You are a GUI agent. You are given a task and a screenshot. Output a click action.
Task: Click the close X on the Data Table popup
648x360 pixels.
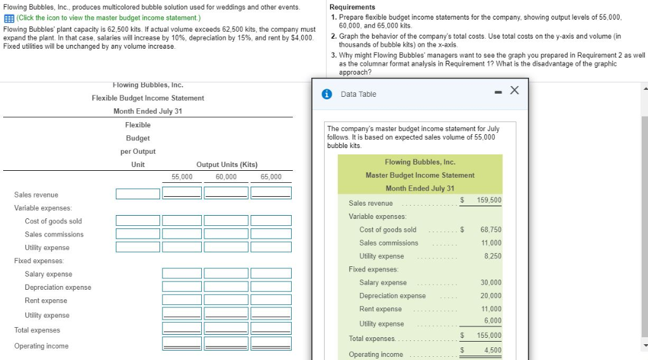[514, 91]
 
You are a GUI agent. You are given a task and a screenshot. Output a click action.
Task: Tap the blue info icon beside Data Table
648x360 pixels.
[327, 94]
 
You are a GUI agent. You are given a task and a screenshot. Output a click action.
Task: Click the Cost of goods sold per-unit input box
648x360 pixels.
[137, 220]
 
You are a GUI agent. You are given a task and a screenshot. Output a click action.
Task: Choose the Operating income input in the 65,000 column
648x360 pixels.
[271, 344]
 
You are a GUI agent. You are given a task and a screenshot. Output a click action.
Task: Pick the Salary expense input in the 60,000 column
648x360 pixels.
[227, 273]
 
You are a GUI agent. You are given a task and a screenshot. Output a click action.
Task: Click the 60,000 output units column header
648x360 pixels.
[226, 177]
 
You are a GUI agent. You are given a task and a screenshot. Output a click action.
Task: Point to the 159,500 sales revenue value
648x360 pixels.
[488, 200]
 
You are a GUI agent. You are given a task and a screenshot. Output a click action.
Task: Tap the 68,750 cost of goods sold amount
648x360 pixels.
[490, 229]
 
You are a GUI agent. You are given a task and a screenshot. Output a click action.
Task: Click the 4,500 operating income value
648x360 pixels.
[492, 350]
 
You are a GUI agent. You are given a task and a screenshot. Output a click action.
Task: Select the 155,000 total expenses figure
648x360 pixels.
[488, 335]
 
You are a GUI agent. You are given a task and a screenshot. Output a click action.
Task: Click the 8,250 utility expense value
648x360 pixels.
[492, 256]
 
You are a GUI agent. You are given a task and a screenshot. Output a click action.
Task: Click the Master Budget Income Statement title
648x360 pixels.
[420, 175]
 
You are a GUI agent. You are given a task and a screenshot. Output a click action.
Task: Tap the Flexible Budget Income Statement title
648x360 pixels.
[147, 98]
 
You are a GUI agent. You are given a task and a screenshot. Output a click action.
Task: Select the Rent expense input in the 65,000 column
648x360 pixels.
[271, 300]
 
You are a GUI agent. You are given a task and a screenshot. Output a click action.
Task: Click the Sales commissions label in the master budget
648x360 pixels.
[389, 243]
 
